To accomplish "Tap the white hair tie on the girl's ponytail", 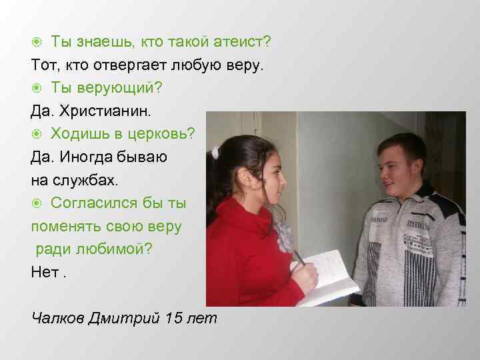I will [215, 153].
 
